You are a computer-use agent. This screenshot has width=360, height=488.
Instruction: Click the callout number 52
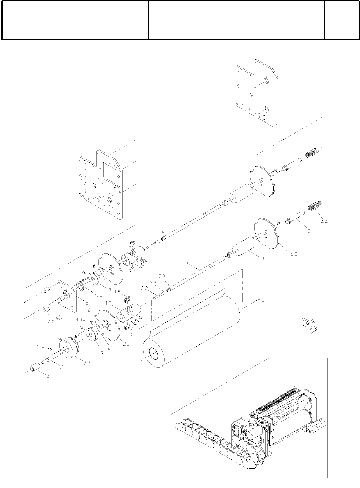pyautogui.click(x=261, y=300)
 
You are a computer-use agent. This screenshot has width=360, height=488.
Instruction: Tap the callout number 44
pyautogui.click(x=325, y=222)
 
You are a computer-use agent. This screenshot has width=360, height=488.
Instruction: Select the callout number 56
pyautogui.click(x=294, y=254)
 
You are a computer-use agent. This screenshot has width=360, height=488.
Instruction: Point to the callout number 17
pyautogui.click(x=186, y=263)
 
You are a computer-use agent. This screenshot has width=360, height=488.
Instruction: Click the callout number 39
pyautogui.click(x=87, y=363)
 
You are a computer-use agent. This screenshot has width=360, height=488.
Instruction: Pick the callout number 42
pyautogui.click(x=51, y=323)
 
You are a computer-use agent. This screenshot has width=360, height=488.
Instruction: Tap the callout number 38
pyautogui.click(x=99, y=297)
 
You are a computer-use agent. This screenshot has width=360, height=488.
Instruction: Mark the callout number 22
pyautogui.click(x=145, y=288)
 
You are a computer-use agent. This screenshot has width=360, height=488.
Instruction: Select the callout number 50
pyautogui.click(x=162, y=276)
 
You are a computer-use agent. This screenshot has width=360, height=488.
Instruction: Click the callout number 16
pyautogui.click(x=263, y=258)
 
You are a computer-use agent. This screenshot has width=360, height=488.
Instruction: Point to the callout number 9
pyautogui.click(x=309, y=231)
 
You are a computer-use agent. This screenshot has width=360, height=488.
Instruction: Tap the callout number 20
pyautogui.click(x=126, y=344)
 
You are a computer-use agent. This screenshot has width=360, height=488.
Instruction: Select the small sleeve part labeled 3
pyautogui.click(x=35, y=368)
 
